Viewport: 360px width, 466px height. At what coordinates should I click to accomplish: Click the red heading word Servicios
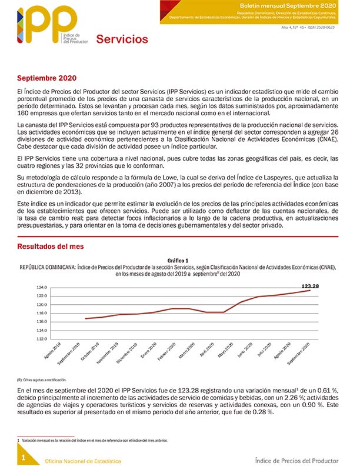point(122,39)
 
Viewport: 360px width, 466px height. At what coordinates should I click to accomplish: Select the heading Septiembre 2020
point(46,78)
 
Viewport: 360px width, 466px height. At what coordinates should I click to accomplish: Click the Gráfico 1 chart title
point(177,260)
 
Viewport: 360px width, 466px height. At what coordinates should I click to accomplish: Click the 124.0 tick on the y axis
point(42,288)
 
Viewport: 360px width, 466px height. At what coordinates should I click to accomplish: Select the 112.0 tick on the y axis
point(42,339)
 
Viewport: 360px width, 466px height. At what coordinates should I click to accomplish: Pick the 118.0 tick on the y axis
point(42,314)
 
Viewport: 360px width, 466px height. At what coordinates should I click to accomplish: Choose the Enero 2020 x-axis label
point(148,352)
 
